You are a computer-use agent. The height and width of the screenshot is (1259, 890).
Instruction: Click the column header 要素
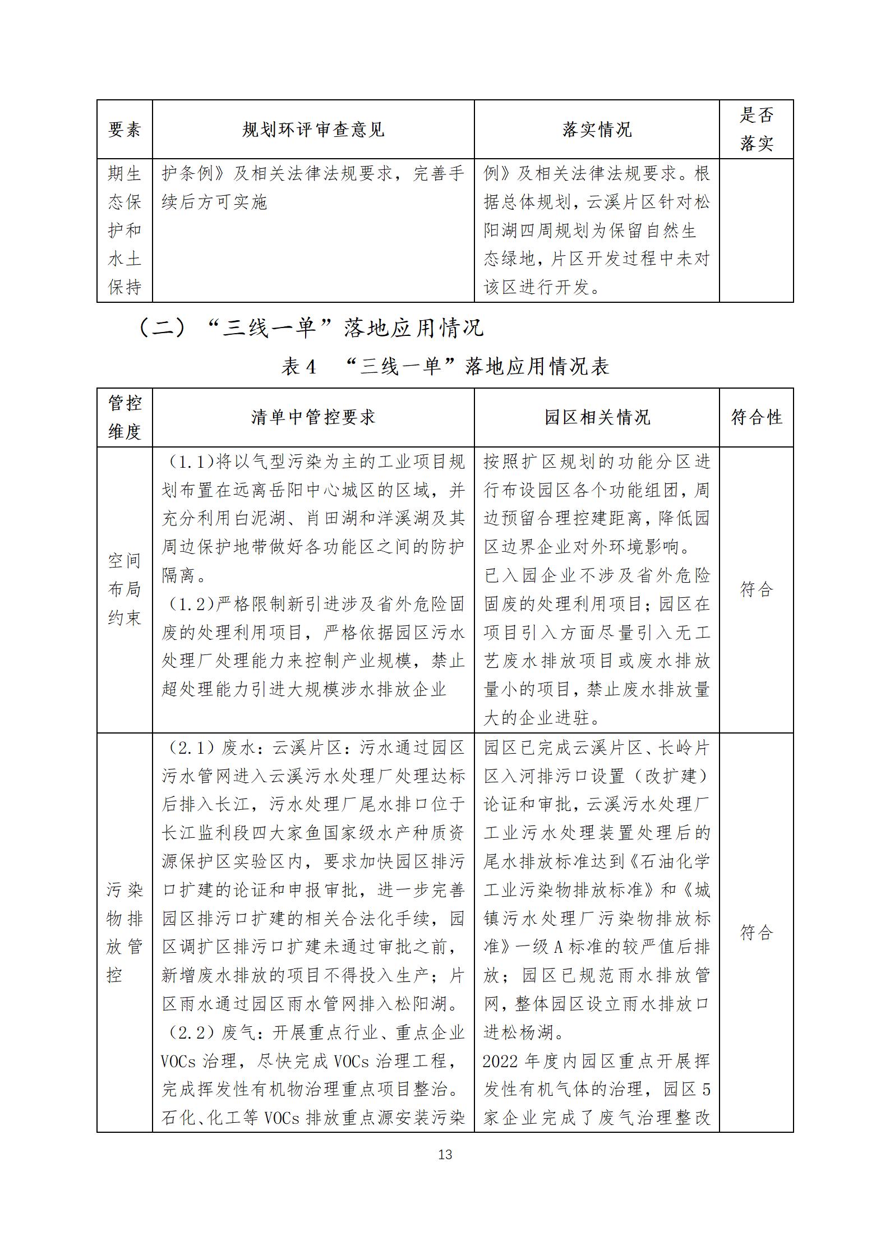[124, 130]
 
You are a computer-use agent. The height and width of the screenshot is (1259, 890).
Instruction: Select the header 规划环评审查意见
[313, 130]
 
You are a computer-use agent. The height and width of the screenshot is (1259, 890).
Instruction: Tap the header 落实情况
[597, 130]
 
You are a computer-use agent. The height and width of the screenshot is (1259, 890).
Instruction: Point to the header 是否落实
[756, 130]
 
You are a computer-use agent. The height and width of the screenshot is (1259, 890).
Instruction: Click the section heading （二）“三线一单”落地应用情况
[311, 328]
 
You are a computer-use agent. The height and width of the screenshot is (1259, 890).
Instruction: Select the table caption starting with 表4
[445, 366]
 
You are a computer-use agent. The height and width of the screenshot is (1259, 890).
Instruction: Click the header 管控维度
[124, 417]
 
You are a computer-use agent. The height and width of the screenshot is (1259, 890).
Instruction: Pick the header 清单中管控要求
[313, 417]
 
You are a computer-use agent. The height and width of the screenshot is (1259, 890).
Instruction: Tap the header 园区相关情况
[597, 417]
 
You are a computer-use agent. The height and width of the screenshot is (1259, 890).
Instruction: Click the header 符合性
[756, 417]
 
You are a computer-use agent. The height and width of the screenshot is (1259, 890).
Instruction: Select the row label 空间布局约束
[124, 589]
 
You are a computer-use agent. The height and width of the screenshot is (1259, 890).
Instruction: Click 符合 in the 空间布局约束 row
[756, 589]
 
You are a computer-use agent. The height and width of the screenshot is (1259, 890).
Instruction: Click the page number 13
[445, 1154]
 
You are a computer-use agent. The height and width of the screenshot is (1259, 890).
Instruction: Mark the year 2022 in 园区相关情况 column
[502, 1061]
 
